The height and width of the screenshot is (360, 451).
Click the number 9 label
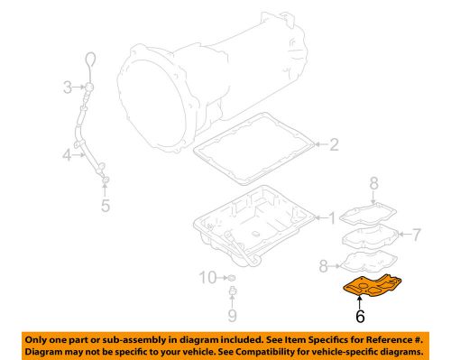click(231, 315)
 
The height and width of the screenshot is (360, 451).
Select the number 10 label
click(206, 277)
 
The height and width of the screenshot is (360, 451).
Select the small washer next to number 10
click(231, 276)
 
